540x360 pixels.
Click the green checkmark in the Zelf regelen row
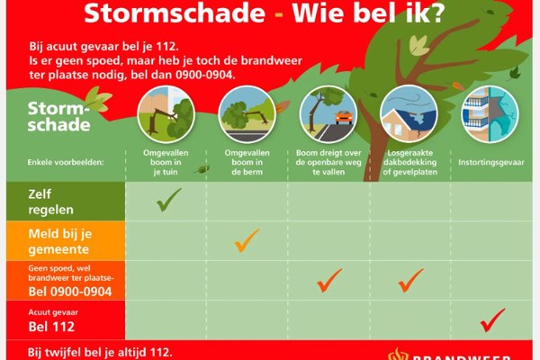(168, 199)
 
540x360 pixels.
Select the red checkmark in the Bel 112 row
(492, 319)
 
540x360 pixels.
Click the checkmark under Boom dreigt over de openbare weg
(329, 280)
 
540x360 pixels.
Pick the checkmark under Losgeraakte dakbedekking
(410, 280)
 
